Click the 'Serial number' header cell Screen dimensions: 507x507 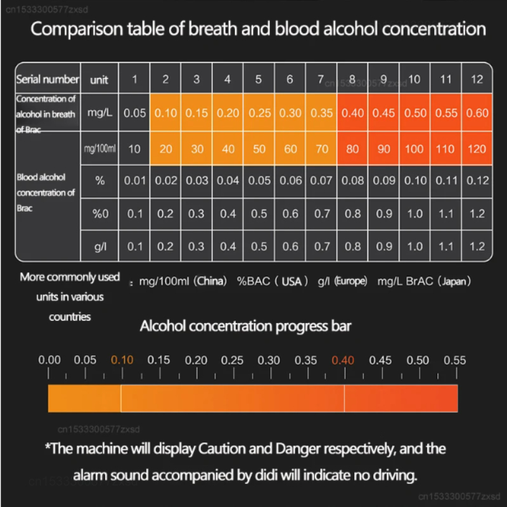tap(48, 79)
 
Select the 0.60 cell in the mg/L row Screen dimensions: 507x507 tap(477, 113)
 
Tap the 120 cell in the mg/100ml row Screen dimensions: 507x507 tap(477, 149)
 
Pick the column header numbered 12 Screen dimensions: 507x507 tap(477, 79)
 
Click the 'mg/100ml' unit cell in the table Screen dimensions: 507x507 tap(99, 149)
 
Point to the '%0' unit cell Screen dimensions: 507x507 tap(100, 214)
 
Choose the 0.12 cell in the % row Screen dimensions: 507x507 tap(477, 181)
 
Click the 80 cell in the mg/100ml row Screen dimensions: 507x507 tap(352, 149)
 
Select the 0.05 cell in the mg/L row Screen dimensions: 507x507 tap(134, 113)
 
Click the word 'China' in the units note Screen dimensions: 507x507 tap(211, 281)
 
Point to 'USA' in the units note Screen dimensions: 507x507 tap(292, 281)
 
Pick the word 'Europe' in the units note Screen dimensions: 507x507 tap(352, 281)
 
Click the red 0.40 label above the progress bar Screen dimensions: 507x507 tap(343, 360)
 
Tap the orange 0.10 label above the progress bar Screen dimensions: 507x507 tap(122, 360)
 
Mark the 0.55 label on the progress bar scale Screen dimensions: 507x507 tap(454, 360)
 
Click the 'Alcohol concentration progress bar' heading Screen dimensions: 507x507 tap(245, 326)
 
